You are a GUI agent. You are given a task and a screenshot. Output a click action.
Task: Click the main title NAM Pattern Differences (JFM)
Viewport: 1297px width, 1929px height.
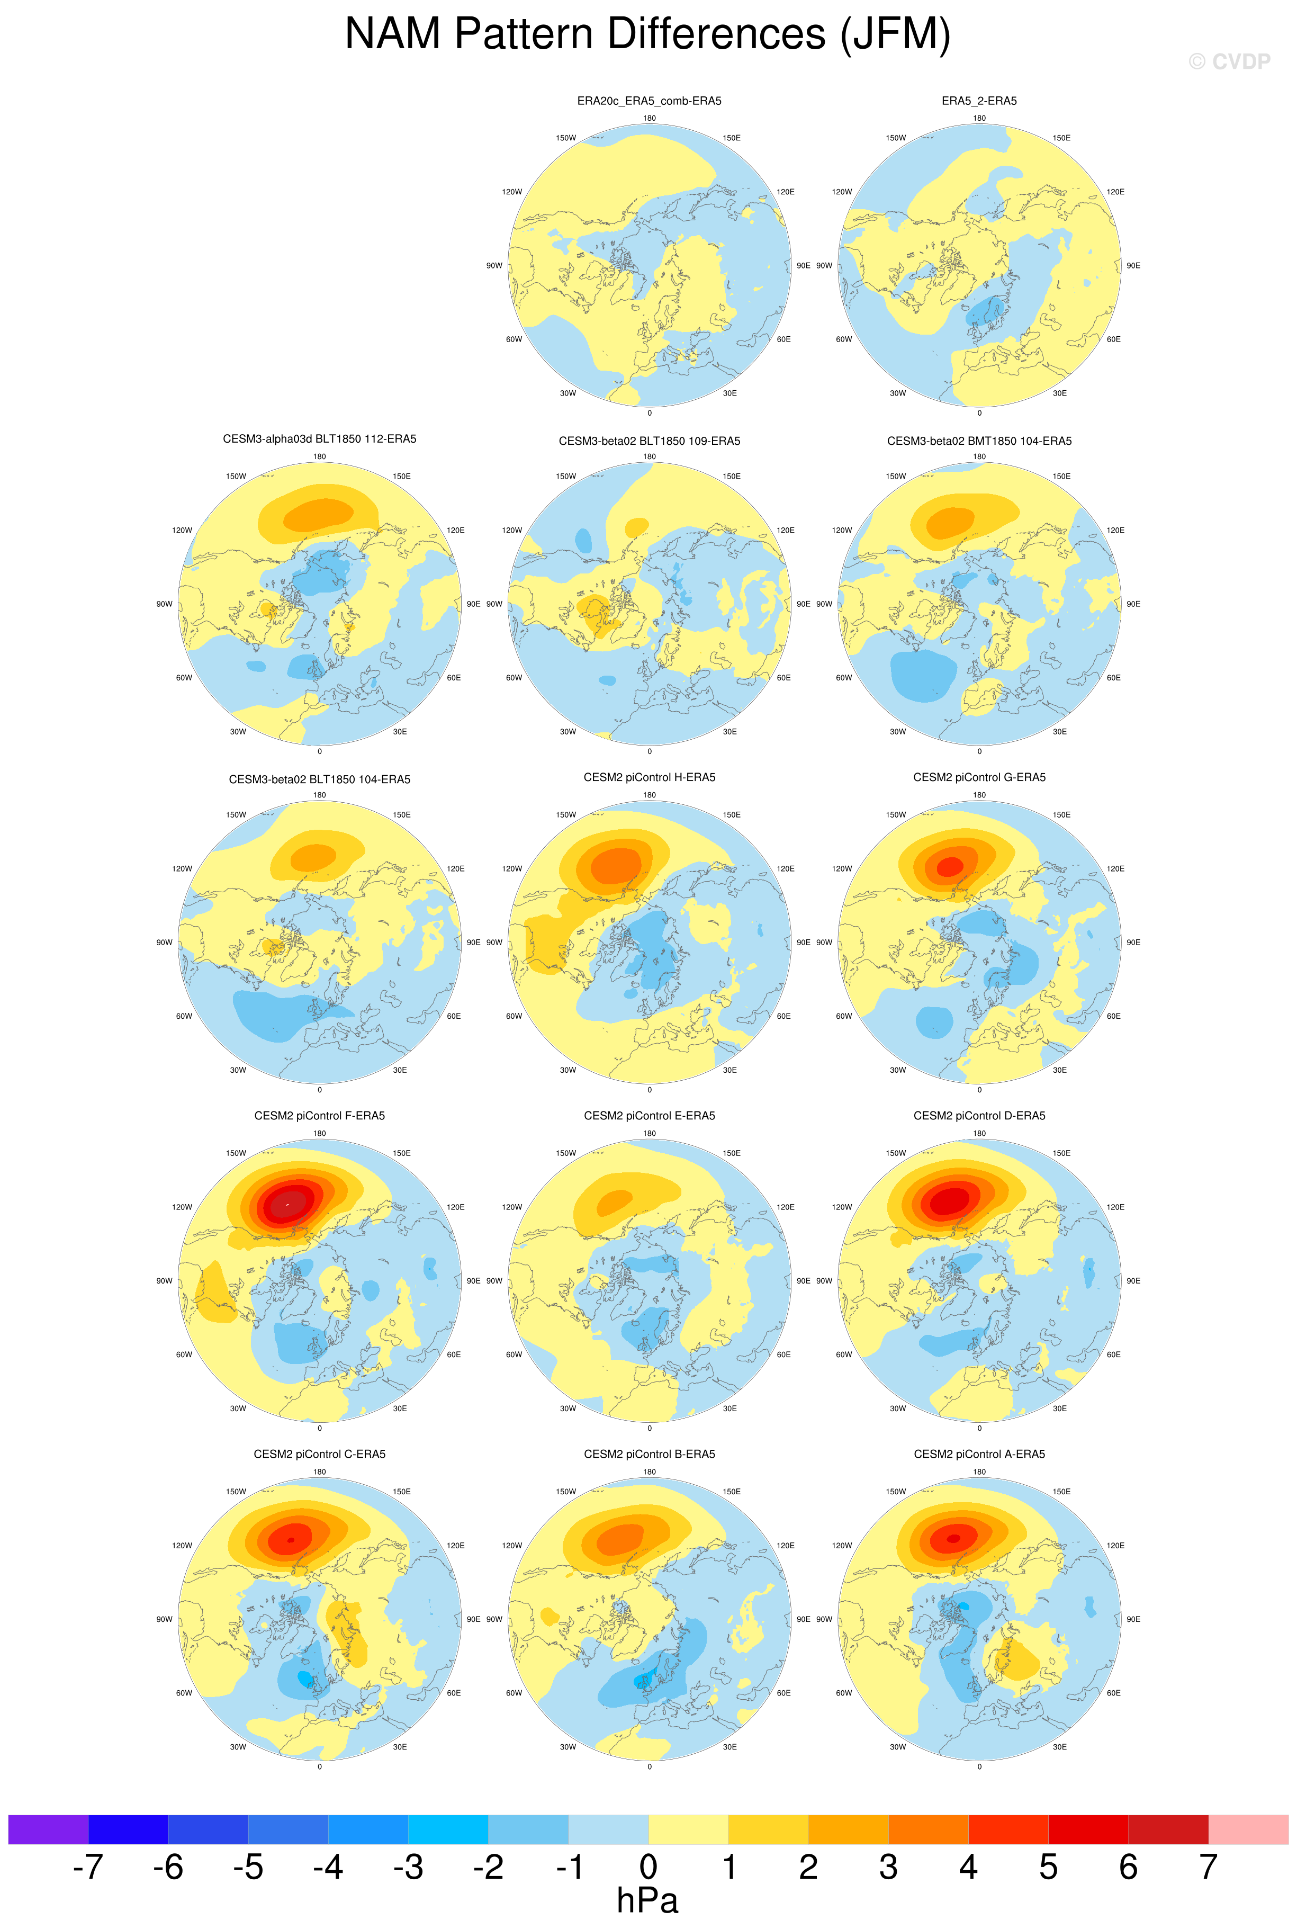tap(647, 35)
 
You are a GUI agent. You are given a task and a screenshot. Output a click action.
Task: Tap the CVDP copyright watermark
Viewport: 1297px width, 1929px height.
tap(1229, 62)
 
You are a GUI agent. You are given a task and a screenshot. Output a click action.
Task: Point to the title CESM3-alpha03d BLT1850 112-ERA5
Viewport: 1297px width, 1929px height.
tap(319, 439)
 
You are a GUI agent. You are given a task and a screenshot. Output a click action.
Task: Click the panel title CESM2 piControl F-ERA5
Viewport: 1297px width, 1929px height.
tap(319, 1116)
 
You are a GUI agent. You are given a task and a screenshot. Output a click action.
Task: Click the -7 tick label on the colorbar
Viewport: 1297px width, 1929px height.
tap(88, 1867)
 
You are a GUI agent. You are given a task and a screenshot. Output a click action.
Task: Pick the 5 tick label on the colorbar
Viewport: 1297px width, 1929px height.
tap(1048, 1867)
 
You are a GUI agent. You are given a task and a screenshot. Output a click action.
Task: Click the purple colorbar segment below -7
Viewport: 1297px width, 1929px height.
tap(48, 1829)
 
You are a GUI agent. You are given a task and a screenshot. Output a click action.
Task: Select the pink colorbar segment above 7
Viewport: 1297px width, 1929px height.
tap(1248, 1829)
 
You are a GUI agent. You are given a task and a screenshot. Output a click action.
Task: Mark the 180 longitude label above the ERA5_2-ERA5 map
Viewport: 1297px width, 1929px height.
tap(979, 118)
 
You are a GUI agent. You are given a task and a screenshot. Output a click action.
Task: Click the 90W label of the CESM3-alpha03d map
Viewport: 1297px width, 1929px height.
tap(165, 604)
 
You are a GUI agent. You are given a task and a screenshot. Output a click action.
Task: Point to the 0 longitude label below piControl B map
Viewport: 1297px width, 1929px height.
tap(650, 1767)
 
